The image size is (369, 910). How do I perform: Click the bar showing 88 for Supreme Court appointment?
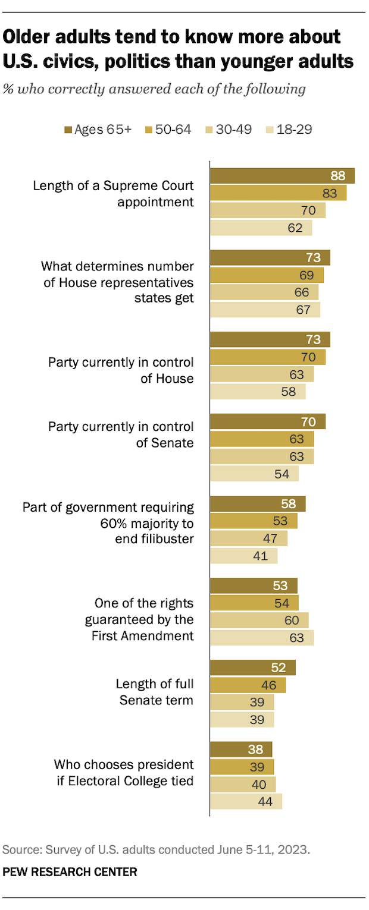[282, 176]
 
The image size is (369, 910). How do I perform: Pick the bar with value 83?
[278, 193]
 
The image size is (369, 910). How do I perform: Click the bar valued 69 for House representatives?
[267, 275]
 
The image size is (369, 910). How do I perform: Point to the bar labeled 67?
[265, 310]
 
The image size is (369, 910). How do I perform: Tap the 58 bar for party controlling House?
[258, 392]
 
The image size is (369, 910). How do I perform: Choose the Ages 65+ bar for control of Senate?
[267, 422]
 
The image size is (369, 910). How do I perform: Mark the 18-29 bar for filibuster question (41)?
[243, 556]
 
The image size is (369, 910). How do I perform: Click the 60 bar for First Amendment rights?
[259, 621]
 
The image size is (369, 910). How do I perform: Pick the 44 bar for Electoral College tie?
[246, 801]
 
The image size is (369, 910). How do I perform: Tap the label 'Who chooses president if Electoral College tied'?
[124, 772]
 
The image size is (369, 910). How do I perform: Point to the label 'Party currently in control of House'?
[121, 370]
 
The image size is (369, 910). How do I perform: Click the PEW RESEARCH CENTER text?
[70, 872]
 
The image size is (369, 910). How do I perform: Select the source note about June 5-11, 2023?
[156, 850]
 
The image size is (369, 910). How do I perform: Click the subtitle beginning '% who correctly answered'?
[154, 89]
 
